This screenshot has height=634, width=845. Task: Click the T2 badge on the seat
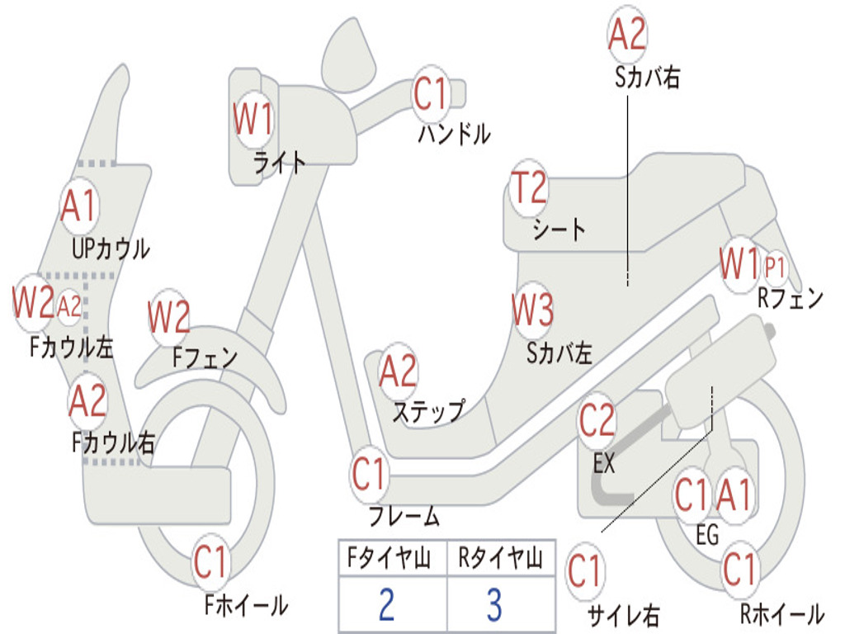click(529, 188)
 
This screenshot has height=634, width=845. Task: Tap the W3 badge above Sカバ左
click(532, 310)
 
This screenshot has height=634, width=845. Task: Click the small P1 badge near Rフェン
click(774, 267)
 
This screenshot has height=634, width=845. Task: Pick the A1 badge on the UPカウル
click(79, 206)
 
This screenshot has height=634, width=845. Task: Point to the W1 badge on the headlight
click(253, 119)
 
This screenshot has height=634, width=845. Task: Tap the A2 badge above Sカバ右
click(627, 34)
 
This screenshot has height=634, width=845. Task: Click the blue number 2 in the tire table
click(386, 604)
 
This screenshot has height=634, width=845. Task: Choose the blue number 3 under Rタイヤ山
click(494, 604)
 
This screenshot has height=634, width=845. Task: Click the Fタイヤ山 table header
click(389, 558)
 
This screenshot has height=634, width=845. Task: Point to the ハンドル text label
click(455, 133)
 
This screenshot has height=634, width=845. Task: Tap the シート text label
click(559, 229)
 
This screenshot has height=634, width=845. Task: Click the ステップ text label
click(428, 412)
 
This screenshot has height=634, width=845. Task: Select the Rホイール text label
click(782, 613)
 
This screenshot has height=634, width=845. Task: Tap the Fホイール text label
click(246, 605)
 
